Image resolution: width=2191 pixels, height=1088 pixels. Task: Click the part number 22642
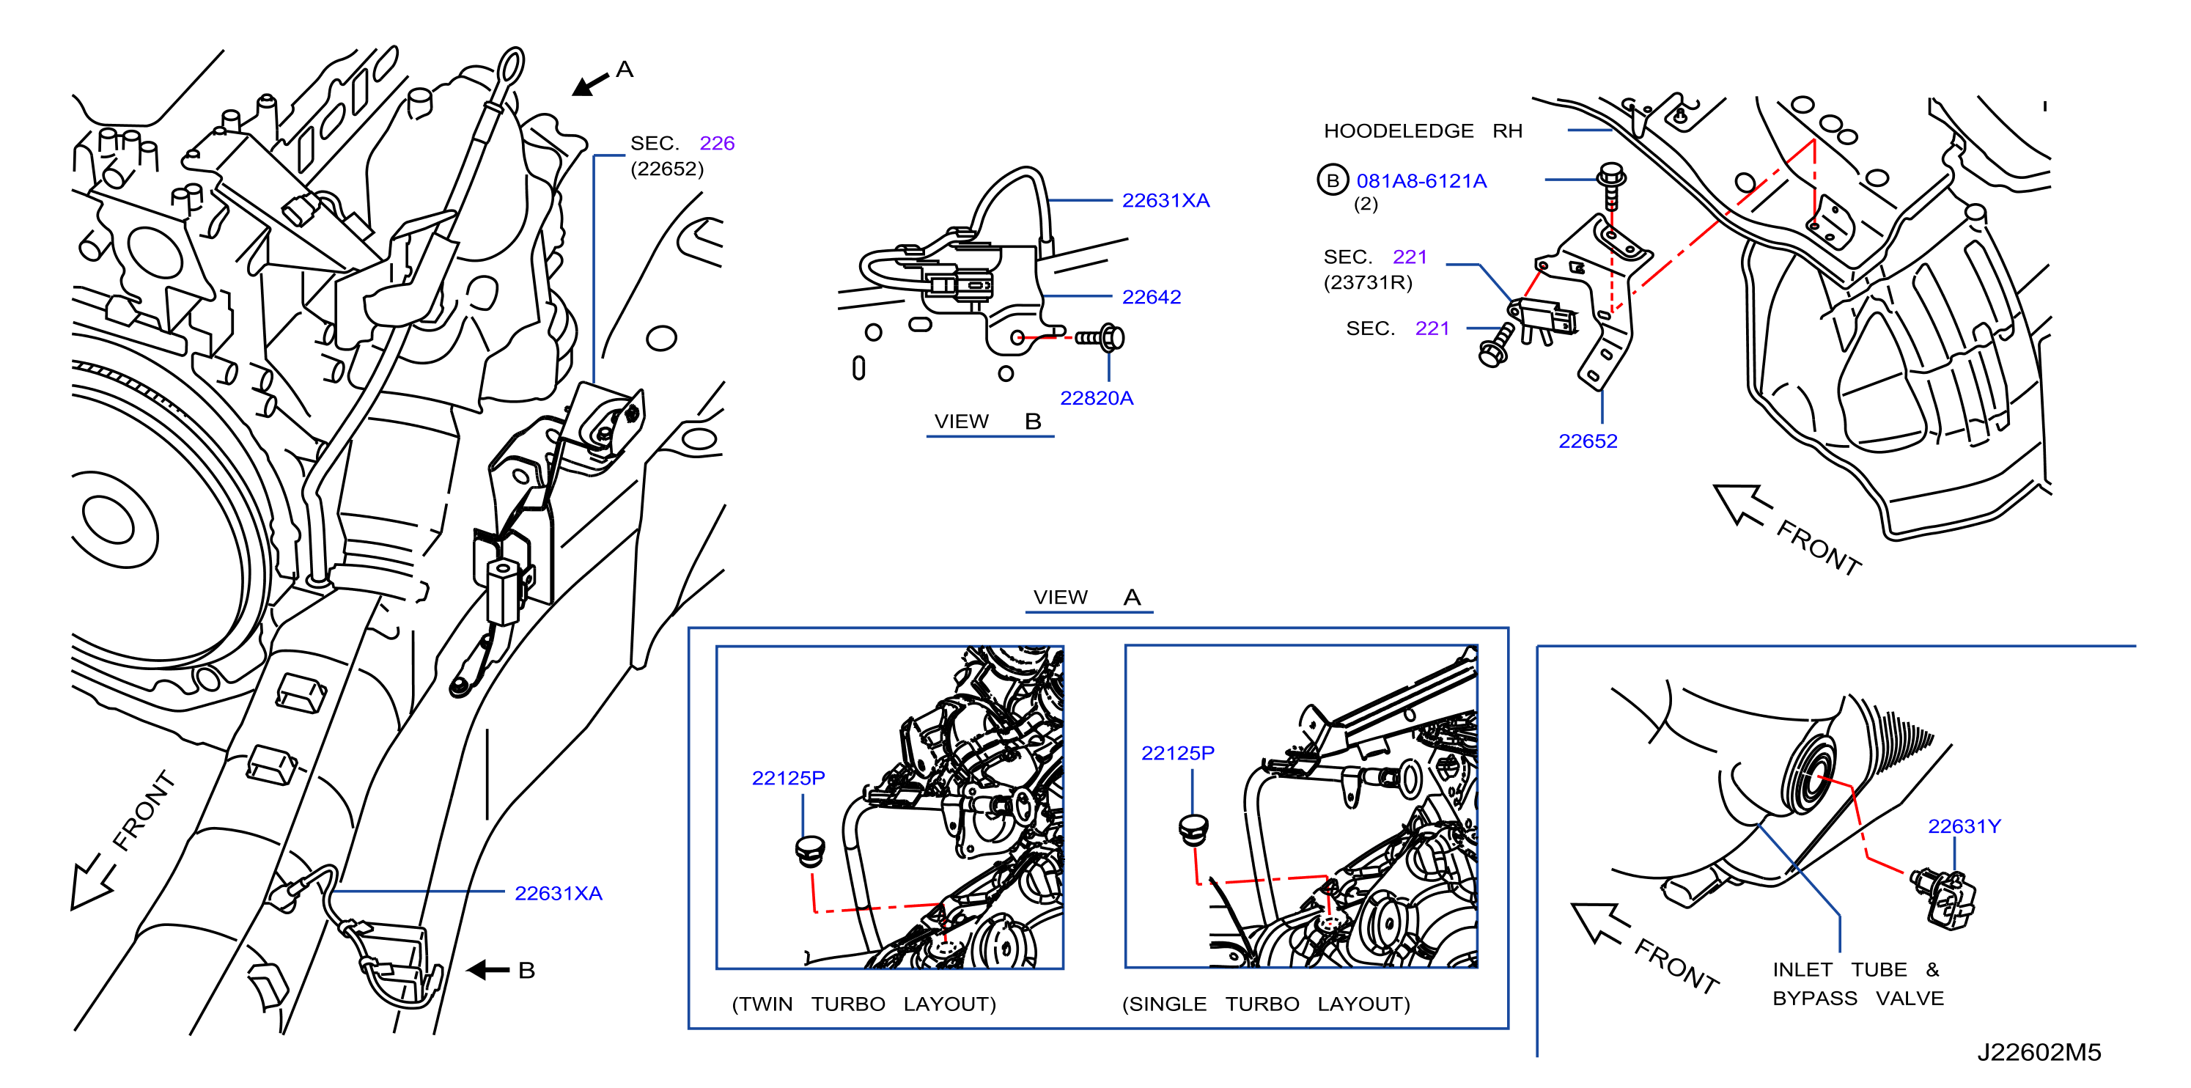coord(1151,297)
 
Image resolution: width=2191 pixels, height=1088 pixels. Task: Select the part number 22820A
coord(1097,398)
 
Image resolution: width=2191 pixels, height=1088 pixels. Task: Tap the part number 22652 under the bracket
coord(1587,441)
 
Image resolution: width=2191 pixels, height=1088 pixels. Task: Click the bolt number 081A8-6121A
coord(1421,181)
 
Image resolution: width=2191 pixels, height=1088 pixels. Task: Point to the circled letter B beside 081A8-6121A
coord(1333,180)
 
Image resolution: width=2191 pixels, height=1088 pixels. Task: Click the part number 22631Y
coord(1964,826)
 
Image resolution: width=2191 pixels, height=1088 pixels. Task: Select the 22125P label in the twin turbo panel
coord(789,777)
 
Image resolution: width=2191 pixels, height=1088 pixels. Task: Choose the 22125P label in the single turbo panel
coord(1177,753)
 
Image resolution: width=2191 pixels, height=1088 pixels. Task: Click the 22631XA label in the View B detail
coord(1166,201)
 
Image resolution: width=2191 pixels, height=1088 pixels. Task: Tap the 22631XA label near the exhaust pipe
coord(558,893)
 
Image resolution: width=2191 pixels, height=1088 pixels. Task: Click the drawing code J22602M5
coord(2039,1052)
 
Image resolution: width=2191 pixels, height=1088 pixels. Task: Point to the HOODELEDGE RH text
coord(1423,131)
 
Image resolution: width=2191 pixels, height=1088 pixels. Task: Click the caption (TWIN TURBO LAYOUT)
coord(863,1004)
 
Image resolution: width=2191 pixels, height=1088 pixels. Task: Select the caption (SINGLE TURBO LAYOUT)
coord(1266,1004)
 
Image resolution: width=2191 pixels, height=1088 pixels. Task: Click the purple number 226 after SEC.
coord(717,143)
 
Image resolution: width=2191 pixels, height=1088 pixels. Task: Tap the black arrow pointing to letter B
coord(488,970)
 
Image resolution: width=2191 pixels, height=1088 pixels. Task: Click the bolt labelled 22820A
coord(1100,338)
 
